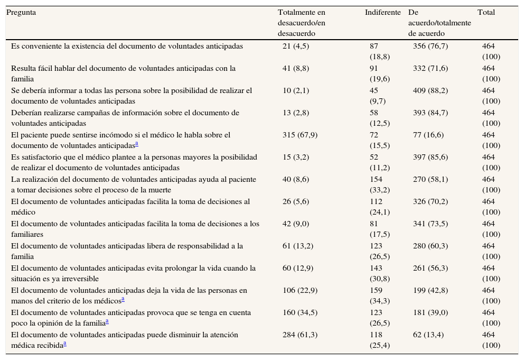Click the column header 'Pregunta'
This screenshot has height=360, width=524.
pyautogui.click(x=21, y=13)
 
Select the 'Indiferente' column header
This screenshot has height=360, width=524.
pyautogui.click(x=382, y=13)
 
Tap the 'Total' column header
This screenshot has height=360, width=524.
pyautogui.click(x=486, y=13)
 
